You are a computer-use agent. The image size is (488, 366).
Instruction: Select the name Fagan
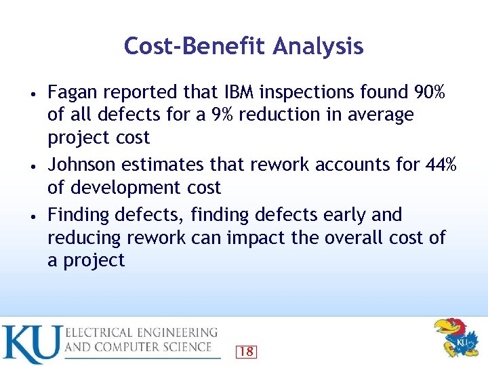[x=72, y=91]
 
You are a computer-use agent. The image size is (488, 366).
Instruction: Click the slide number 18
[x=246, y=351]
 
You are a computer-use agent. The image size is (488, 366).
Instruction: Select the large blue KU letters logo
[x=30, y=344]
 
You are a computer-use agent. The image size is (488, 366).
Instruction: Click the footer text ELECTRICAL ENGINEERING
[x=142, y=333]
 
